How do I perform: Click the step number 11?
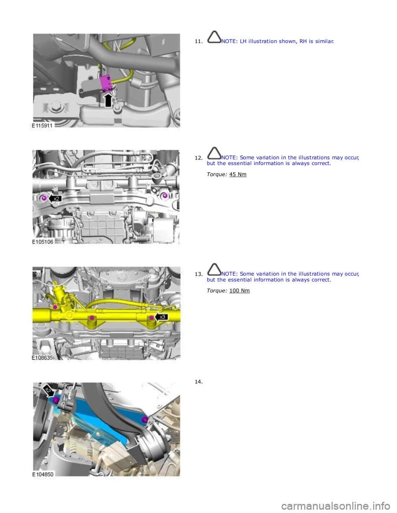click(x=198, y=42)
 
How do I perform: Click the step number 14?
click(x=198, y=382)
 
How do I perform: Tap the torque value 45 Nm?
click(x=238, y=174)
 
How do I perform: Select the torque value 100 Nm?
click(x=239, y=291)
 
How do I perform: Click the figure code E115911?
click(x=42, y=126)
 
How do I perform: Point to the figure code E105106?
click(x=43, y=242)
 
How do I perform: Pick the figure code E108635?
click(x=43, y=358)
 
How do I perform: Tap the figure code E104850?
click(x=43, y=474)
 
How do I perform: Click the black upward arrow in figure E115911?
click(x=108, y=100)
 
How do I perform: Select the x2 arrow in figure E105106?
click(x=55, y=199)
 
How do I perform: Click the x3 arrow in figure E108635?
click(x=161, y=317)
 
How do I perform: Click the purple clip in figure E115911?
click(x=106, y=83)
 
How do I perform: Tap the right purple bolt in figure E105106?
click(x=165, y=195)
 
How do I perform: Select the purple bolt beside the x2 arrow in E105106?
click(x=44, y=198)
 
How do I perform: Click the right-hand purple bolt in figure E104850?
click(x=145, y=420)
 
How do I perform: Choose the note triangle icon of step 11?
click(x=214, y=37)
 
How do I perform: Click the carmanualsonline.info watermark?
click(x=338, y=506)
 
